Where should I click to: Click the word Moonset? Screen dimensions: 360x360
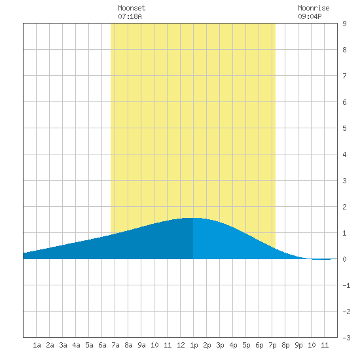click(132, 8)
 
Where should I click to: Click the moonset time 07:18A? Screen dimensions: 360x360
click(130, 16)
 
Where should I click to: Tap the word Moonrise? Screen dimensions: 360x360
click(314, 8)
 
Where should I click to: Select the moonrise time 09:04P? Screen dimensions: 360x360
click(310, 16)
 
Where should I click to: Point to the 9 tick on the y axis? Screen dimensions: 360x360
click(344, 24)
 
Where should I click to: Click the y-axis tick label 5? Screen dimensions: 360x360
click(344, 128)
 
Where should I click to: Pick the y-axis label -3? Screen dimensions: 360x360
click(346, 338)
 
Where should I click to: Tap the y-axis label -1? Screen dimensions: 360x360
click(346, 285)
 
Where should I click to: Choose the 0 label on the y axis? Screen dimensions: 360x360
click(344, 259)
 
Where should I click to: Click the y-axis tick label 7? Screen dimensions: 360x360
click(344, 76)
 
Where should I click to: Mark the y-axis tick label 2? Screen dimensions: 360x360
click(344, 207)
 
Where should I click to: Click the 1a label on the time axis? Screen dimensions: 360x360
click(37, 345)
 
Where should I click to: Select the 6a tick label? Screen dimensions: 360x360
click(102, 345)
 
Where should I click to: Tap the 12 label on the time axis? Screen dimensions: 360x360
click(181, 345)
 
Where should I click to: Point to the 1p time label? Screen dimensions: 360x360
click(194, 345)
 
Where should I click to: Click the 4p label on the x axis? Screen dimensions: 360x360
click(233, 345)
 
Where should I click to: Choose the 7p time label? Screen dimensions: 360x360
click(272, 345)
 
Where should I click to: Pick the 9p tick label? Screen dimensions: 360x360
click(298, 345)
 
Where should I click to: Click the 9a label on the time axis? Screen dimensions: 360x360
click(141, 345)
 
